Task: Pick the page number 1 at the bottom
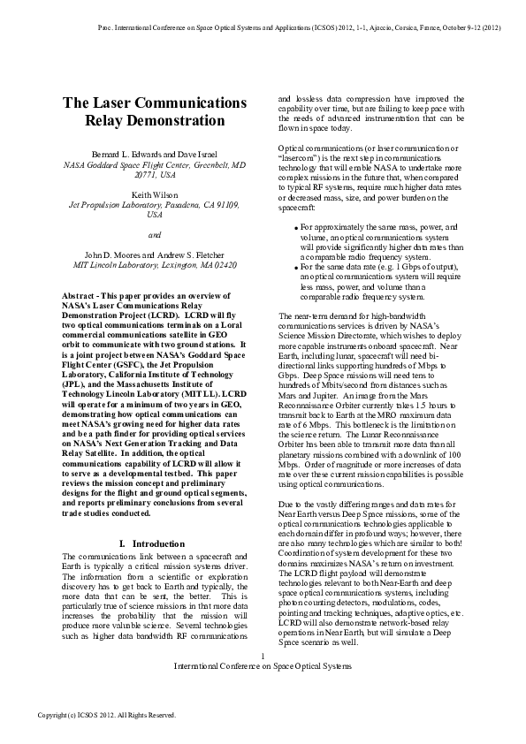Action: point(263,655)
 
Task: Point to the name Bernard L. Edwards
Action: point(115,155)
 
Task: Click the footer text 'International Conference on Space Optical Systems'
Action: point(263,665)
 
